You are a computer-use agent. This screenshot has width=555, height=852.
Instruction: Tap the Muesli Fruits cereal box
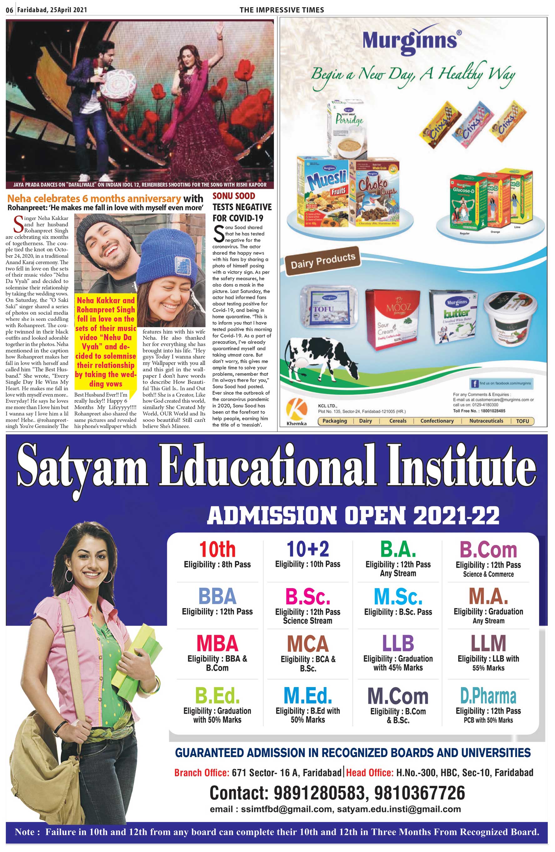(x=323, y=192)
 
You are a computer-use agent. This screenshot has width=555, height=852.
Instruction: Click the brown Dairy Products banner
(x=322, y=260)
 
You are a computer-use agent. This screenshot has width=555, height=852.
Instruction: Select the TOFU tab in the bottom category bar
(x=522, y=421)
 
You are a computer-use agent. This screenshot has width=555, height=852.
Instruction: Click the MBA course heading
(x=217, y=643)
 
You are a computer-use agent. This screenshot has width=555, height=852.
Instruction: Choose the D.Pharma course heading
(x=488, y=696)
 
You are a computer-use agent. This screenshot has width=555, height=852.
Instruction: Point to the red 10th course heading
(x=217, y=549)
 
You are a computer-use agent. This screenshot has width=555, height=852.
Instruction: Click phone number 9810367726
(x=420, y=793)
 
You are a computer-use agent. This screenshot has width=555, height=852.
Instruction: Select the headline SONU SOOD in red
(x=234, y=196)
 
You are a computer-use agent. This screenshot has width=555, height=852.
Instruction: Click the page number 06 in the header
(x=10, y=10)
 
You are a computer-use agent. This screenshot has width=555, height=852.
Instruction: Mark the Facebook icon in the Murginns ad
(x=474, y=384)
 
